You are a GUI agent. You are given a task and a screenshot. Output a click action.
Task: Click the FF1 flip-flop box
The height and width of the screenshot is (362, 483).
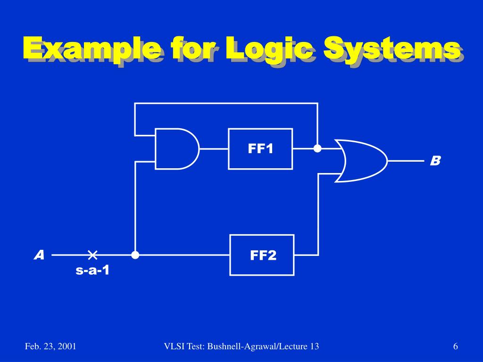tap(260, 148)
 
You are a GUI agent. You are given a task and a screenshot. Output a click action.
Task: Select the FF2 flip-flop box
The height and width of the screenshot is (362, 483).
tap(262, 255)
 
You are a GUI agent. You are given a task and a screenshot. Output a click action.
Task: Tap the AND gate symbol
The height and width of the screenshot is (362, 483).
tap(175, 148)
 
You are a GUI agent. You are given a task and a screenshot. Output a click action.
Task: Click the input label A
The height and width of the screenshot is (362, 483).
tap(39, 255)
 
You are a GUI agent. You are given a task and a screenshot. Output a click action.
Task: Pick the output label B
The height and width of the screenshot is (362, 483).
tap(435, 161)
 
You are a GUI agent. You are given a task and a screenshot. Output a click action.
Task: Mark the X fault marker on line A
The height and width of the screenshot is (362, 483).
tap(92, 255)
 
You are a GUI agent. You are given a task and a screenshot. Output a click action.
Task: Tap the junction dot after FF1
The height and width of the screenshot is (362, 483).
tap(317, 148)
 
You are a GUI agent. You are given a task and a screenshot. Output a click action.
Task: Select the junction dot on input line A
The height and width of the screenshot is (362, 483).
tap(135, 255)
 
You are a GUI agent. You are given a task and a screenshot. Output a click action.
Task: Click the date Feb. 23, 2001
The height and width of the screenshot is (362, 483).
tap(51, 347)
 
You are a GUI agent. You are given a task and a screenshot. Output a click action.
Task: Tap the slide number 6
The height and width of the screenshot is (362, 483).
tap(456, 347)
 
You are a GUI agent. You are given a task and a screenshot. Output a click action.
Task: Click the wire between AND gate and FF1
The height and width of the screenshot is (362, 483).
tap(214, 148)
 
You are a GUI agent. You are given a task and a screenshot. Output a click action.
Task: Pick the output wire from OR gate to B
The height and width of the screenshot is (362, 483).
tap(406, 161)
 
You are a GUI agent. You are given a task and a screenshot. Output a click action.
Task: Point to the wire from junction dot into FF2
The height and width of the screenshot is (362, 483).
tap(184, 255)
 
